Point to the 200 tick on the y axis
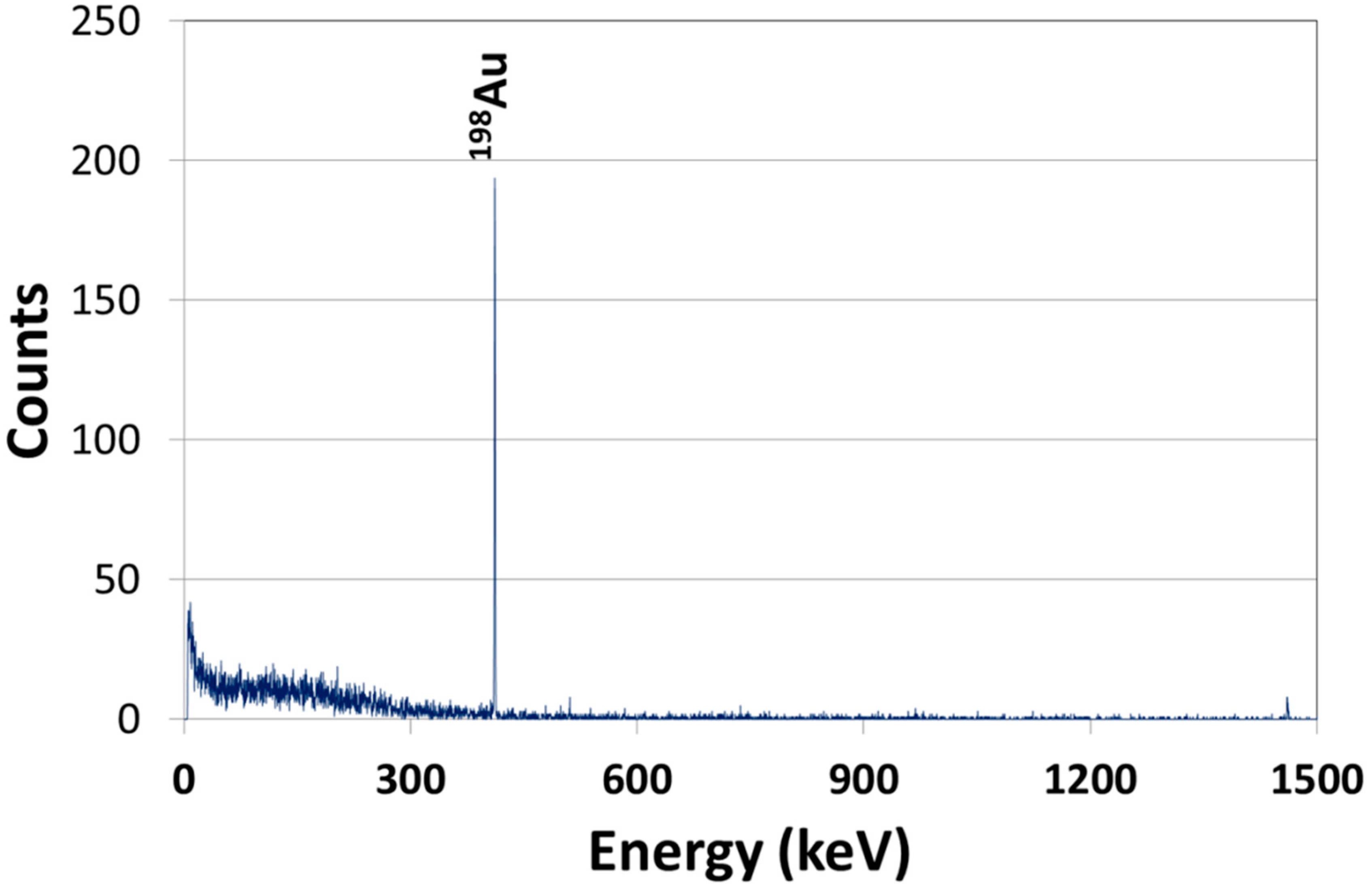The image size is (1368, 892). click(x=105, y=163)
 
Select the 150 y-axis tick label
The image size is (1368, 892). click(x=105, y=302)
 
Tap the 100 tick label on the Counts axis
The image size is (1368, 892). click(x=105, y=442)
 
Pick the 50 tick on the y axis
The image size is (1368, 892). click(x=117, y=582)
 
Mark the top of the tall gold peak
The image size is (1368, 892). click(x=494, y=179)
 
